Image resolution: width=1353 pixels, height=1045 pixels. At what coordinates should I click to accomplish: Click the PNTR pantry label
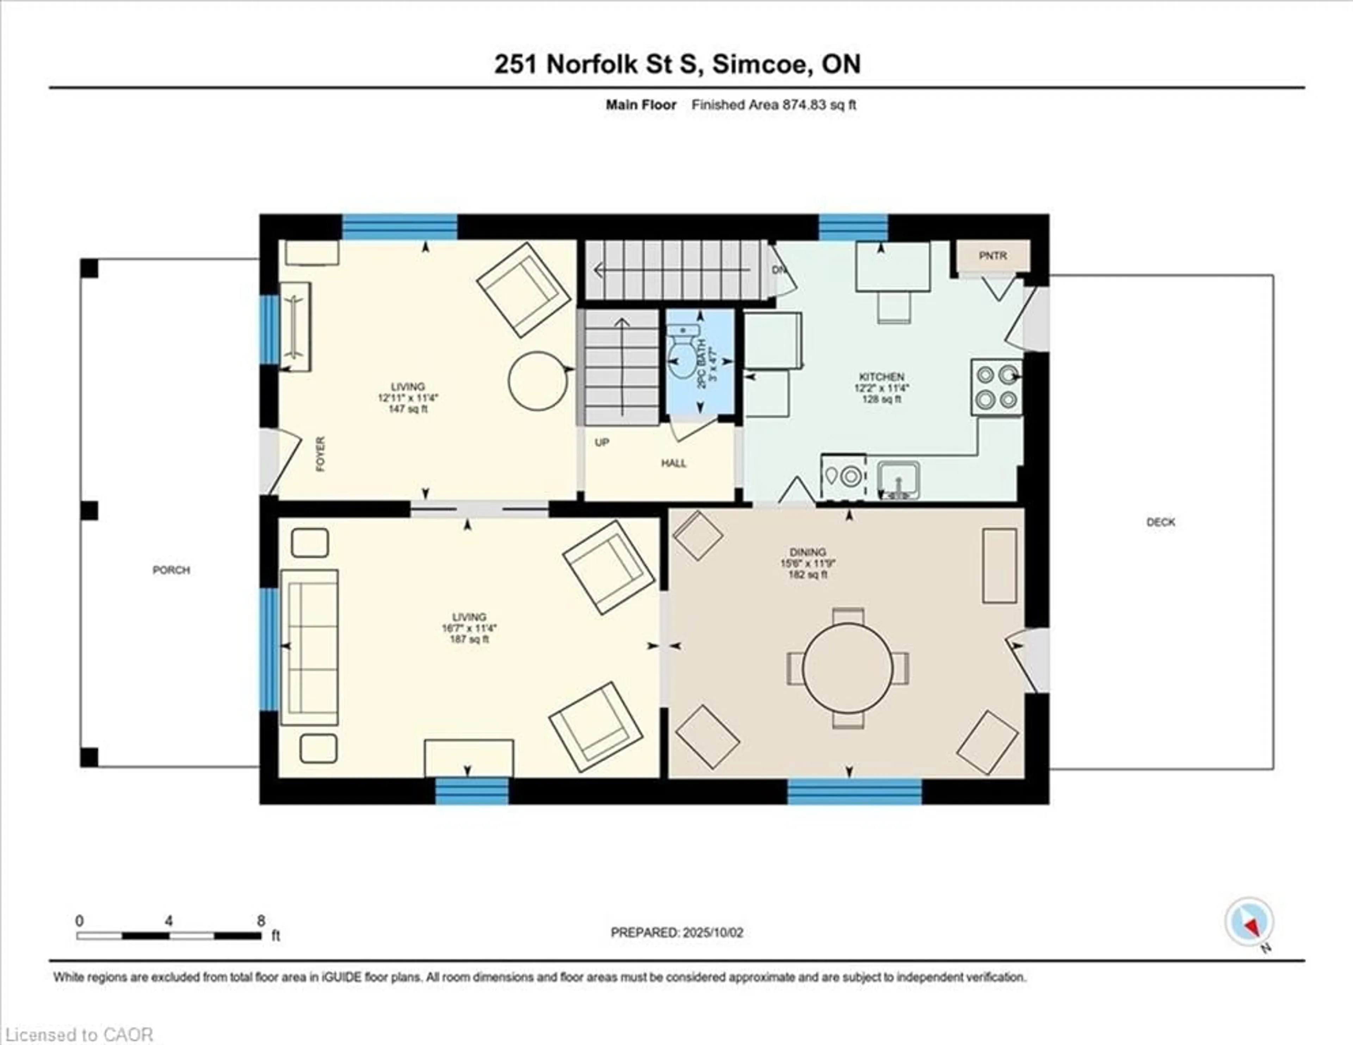[x=993, y=255]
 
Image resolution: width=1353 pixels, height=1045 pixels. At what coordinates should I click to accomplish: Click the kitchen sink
[x=898, y=480]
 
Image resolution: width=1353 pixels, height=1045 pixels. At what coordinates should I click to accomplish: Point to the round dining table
[x=847, y=668]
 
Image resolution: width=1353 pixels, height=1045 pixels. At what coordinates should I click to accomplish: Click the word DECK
[x=1160, y=522]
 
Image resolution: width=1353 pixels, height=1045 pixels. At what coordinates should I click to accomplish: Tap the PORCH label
[x=171, y=570]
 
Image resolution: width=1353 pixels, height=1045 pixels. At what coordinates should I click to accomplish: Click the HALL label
[x=673, y=463]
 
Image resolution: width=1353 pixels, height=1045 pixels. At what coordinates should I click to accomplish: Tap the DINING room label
[x=808, y=552]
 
